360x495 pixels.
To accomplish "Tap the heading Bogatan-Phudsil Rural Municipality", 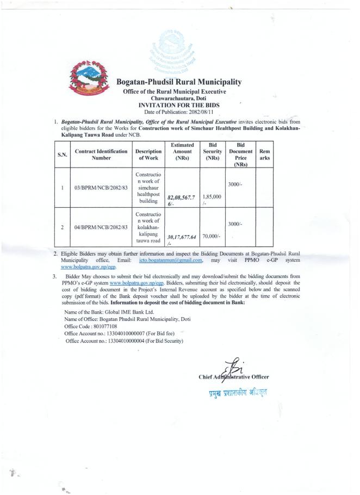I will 179,82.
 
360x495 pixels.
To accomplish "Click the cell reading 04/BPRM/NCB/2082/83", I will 102,227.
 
